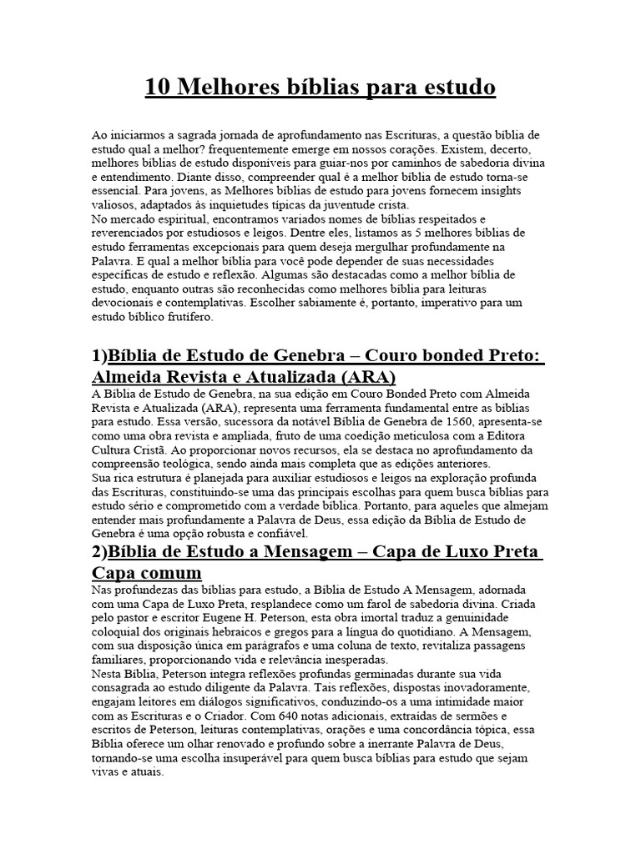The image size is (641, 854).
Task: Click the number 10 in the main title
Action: [x=158, y=88]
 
